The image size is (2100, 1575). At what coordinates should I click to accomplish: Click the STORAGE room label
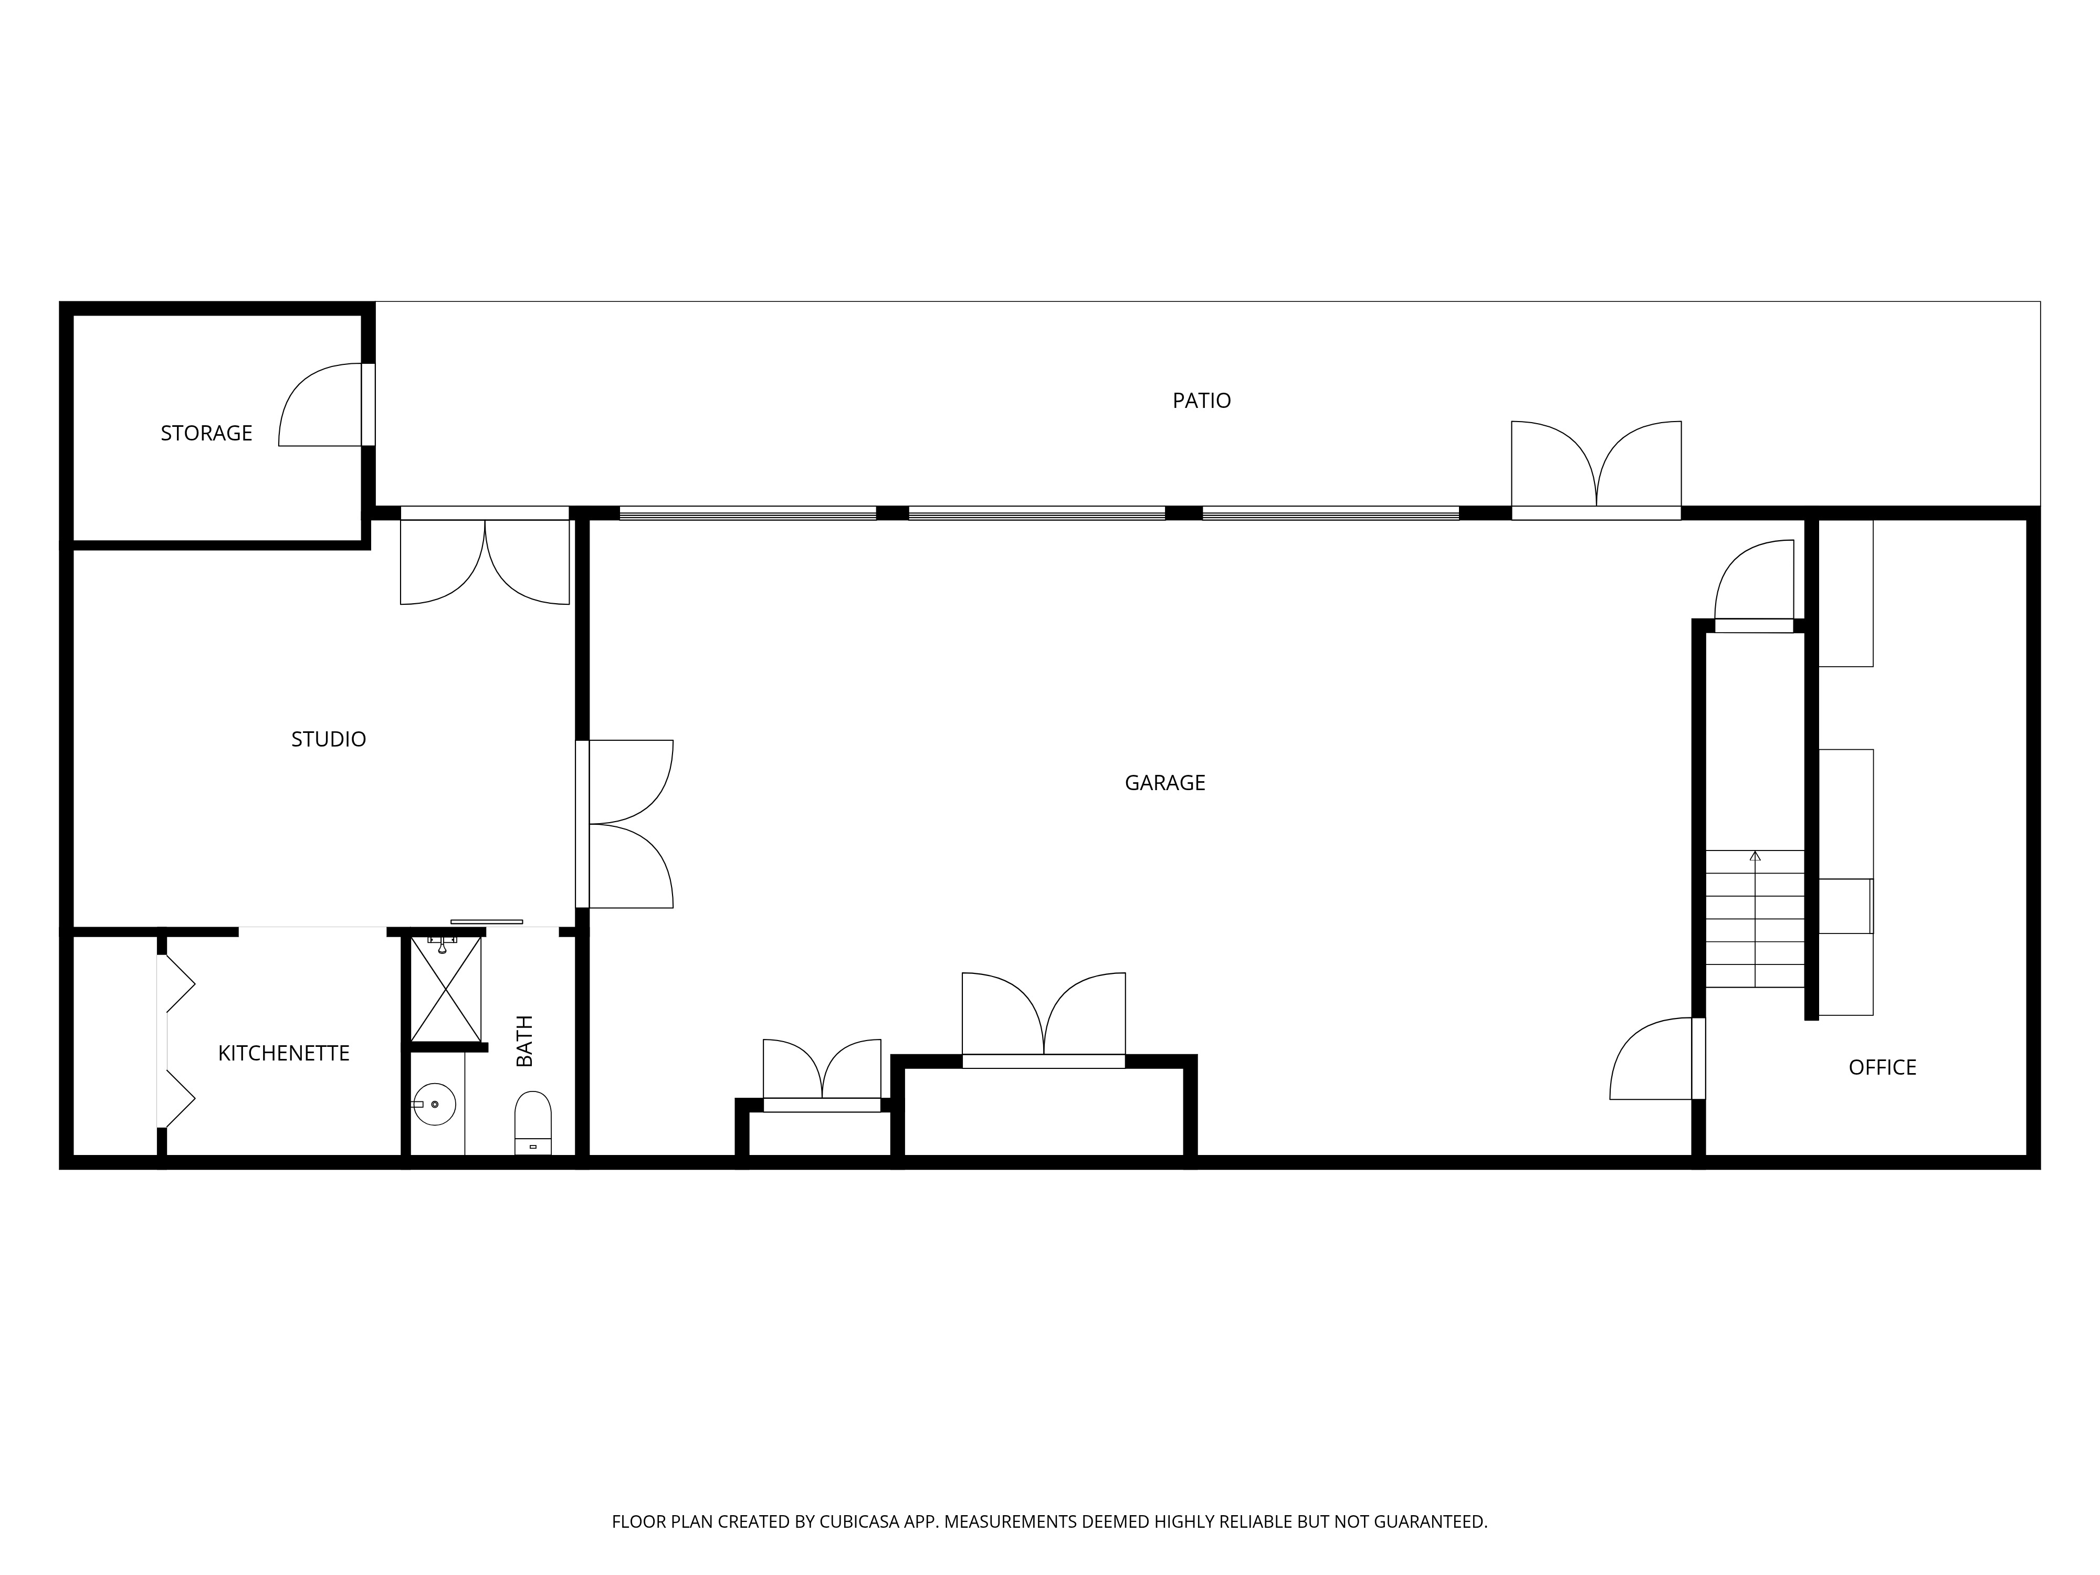point(206,434)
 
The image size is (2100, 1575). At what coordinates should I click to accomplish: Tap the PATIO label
point(1201,401)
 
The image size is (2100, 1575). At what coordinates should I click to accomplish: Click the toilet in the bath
point(532,1120)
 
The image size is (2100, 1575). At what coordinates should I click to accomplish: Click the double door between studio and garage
point(626,824)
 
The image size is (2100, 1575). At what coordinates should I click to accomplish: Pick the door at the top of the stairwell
point(1753,582)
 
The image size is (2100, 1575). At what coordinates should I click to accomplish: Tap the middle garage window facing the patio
point(1037,513)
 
